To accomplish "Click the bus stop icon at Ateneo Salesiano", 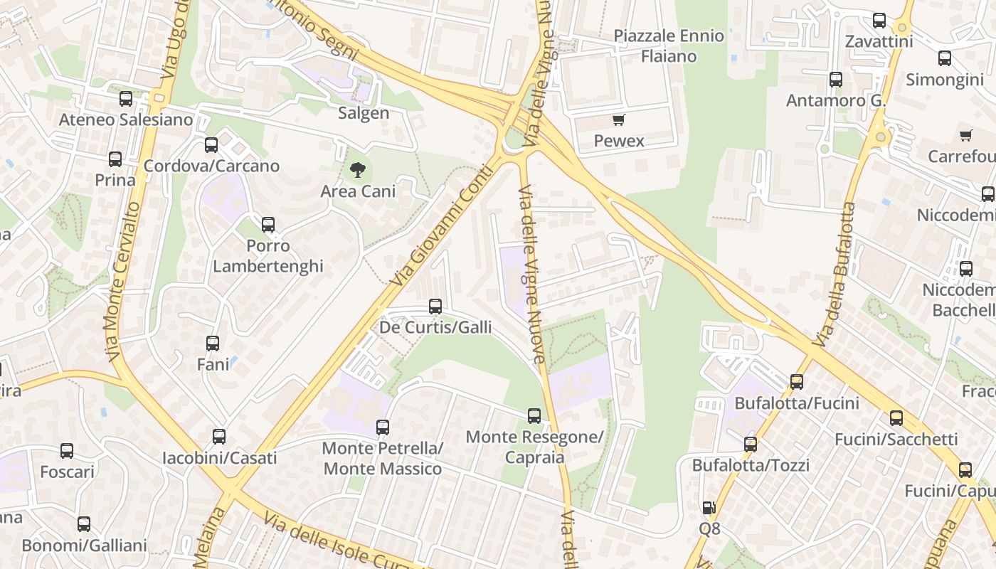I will point(126,99).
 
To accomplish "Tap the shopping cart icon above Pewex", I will point(619,120).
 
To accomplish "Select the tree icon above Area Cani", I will point(357,170).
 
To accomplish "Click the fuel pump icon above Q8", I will point(709,508).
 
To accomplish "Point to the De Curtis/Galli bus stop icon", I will point(435,307).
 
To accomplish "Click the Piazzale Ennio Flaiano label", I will point(669,46).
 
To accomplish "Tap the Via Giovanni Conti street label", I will point(442,225).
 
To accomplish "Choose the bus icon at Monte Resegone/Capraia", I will point(534,416).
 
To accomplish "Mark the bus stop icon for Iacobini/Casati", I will point(219,437).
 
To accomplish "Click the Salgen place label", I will point(364,113).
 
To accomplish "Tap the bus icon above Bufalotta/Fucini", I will point(797,382).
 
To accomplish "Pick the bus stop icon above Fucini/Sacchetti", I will point(896,418).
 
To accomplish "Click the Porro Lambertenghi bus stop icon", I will point(268,225).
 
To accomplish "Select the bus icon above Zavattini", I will point(879,21).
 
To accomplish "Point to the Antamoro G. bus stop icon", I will point(836,80).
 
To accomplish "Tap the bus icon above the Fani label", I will point(213,344).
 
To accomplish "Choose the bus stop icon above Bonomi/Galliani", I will point(84,524).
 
